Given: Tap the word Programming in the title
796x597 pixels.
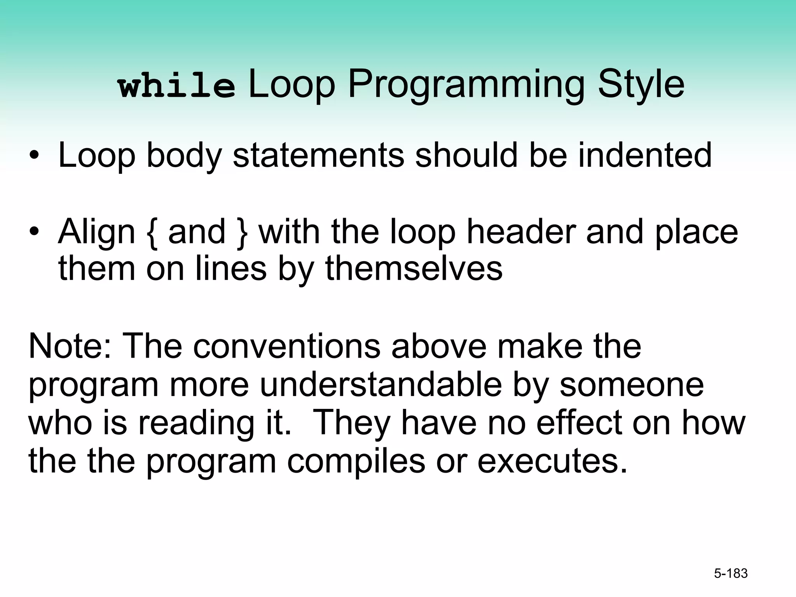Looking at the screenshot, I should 466,85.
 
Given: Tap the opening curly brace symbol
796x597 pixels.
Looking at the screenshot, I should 152,232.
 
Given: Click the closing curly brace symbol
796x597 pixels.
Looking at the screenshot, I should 242,232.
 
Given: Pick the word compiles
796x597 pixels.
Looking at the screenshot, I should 356,461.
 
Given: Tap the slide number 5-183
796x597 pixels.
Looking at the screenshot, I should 731,573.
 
